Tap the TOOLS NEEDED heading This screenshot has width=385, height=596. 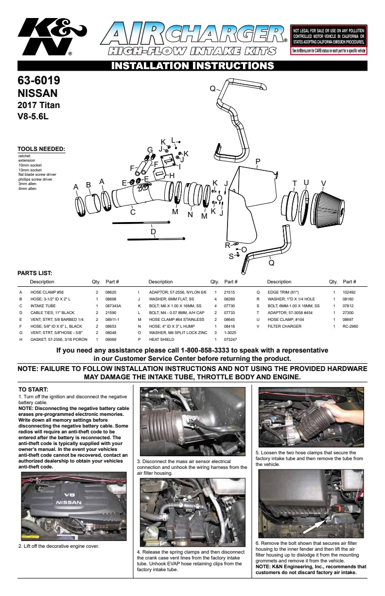41,149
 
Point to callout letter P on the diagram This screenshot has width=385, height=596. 258,161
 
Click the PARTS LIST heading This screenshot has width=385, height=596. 35,273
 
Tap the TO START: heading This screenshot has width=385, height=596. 34,390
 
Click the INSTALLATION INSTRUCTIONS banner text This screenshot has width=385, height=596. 192,66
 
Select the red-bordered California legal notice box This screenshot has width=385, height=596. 329,39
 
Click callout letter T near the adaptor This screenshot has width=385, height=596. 295,183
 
